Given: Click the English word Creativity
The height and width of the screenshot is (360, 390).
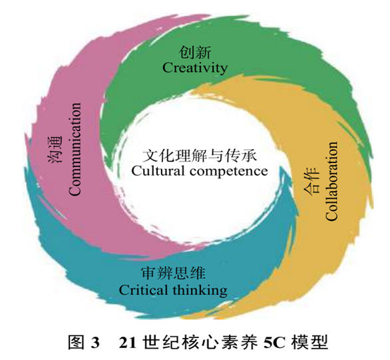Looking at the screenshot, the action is (195, 68).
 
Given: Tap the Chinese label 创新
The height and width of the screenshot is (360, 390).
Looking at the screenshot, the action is (195, 53).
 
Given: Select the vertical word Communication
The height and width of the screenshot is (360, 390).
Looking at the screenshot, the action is (75, 149).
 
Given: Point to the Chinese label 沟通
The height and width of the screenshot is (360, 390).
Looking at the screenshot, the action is (55, 150).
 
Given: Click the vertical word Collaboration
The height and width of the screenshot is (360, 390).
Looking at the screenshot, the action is (331, 181).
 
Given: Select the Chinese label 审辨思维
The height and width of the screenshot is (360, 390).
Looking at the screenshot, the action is (173, 273).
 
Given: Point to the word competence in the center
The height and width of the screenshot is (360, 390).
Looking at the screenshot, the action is (229, 172).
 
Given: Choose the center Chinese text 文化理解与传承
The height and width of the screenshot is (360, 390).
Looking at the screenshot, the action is (199, 156).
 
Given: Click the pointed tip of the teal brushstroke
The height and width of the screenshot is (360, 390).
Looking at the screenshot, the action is (282, 167).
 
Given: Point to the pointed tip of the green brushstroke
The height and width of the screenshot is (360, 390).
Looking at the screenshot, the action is (108, 170).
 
